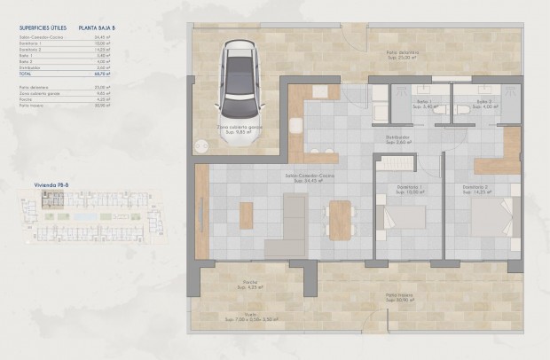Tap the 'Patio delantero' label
click(402, 53)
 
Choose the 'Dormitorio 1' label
click(409, 187)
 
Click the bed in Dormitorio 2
click(493, 218)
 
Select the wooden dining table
click(340, 217)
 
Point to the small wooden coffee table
click(247, 215)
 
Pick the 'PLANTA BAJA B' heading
click(97, 28)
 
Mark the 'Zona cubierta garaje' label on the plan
click(240, 127)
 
